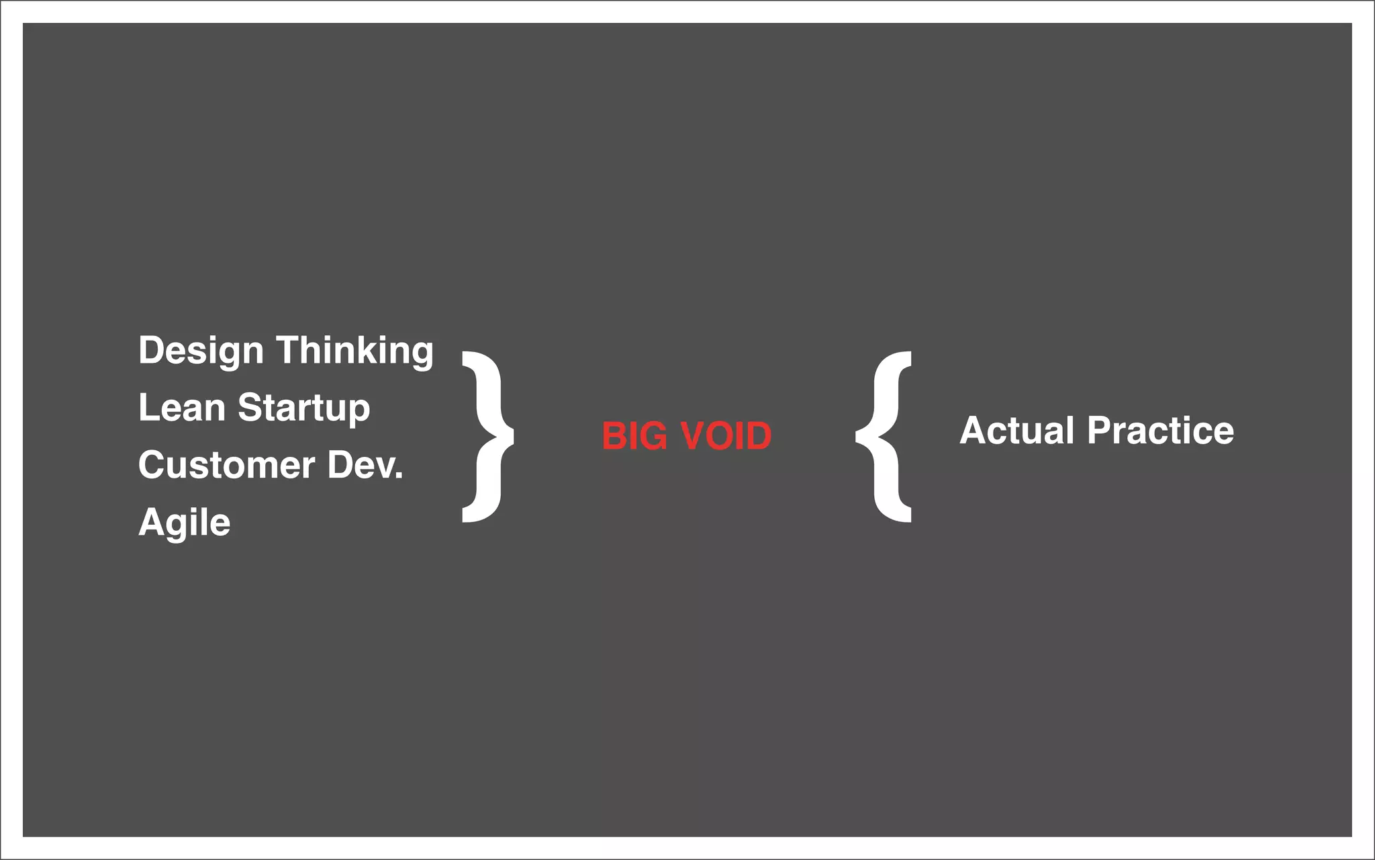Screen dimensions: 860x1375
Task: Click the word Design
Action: tap(201, 351)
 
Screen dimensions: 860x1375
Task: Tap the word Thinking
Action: tap(354, 351)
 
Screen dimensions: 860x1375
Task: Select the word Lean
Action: tap(181, 408)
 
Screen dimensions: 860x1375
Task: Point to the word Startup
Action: tap(303, 408)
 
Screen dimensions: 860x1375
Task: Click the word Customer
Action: tap(226, 465)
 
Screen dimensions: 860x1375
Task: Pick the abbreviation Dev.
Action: tap(365, 465)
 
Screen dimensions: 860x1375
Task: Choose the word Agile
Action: tap(184, 523)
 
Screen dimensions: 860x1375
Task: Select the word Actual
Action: tap(1016, 431)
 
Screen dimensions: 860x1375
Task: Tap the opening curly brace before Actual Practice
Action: tap(884, 437)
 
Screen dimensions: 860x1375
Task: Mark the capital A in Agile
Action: tap(152, 522)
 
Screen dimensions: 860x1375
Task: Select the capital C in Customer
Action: tap(152, 465)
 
